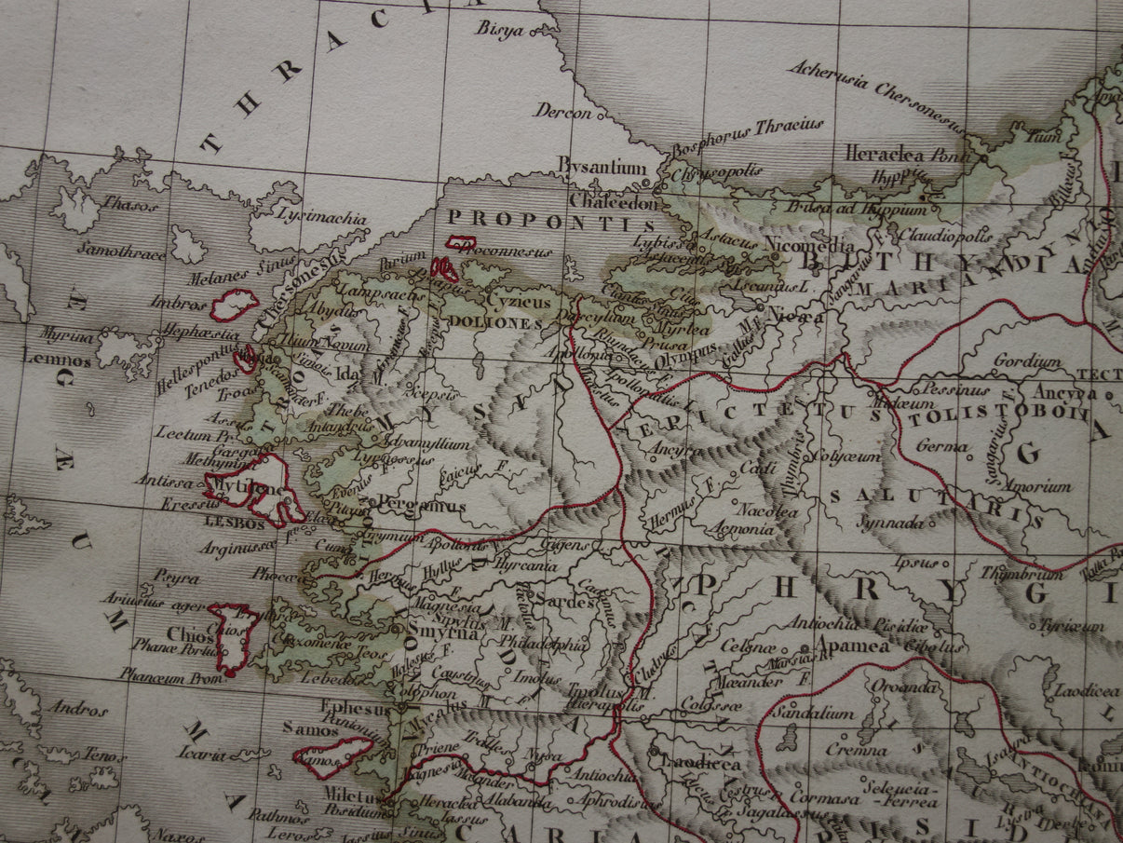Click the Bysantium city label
click(x=602, y=169)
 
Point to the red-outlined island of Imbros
click(x=235, y=305)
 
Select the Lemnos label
click(x=57, y=360)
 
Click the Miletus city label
click(x=350, y=798)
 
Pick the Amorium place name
click(x=1043, y=485)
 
